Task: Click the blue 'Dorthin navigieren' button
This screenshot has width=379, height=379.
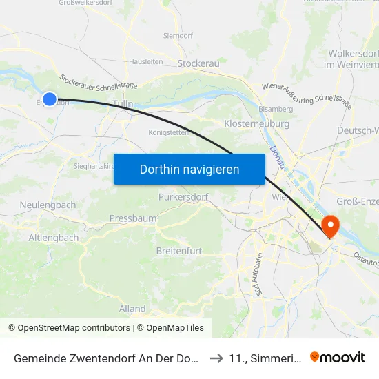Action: [189, 169]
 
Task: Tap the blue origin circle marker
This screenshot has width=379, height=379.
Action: [50, 99]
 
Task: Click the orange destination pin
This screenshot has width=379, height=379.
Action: [331, 225]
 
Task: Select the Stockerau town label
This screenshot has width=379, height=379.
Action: [198, 63]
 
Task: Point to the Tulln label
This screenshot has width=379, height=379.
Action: [123, 104]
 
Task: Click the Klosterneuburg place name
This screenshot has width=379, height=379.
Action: [256, 124]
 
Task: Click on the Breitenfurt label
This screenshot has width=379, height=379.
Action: [179, 251]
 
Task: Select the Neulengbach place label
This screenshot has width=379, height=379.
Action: [48, 205]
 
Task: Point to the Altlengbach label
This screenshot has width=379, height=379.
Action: [54, 237]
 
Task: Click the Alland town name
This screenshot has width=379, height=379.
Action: [132, 309]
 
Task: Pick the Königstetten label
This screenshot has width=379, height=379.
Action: [167, 132]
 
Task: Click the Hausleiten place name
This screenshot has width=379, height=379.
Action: [146, 61]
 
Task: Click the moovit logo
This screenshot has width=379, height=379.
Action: [338, 357]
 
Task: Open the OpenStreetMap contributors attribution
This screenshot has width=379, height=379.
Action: [69, 328]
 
